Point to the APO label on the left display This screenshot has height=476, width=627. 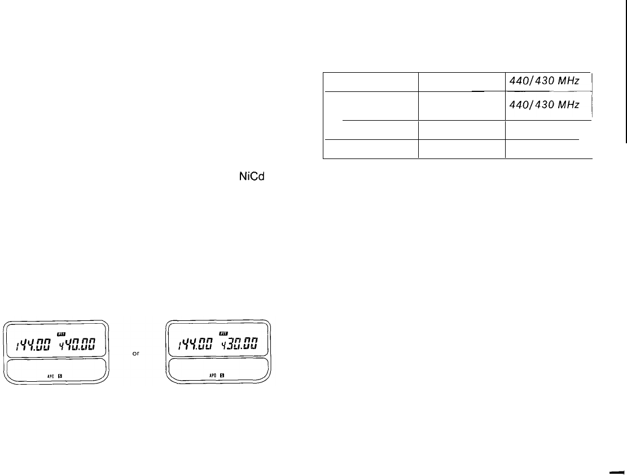(x=50, y=374)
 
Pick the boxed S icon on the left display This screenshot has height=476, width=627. (x=60, y=374)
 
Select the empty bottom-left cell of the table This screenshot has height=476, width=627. (x=371, y=149)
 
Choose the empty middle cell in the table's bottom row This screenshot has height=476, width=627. (x=462, y=149)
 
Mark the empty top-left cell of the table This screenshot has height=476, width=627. (x=371, y=82)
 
